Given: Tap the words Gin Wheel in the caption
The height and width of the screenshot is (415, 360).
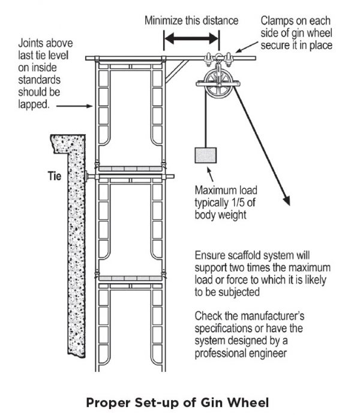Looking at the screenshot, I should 243,401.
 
